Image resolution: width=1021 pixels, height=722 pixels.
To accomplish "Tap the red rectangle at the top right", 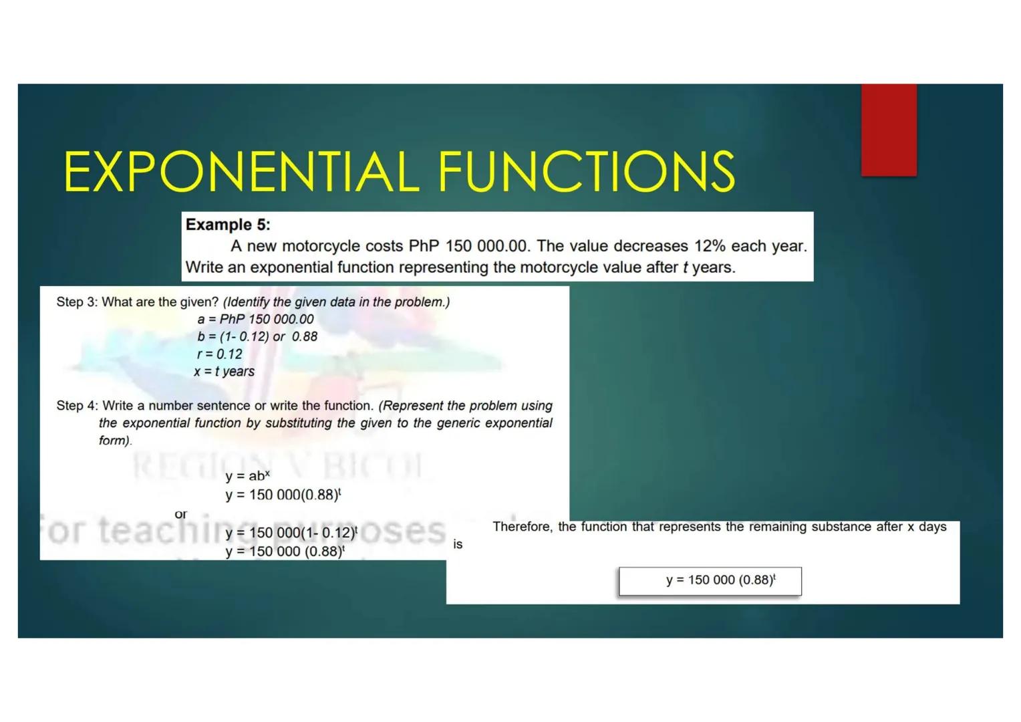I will [888, 130].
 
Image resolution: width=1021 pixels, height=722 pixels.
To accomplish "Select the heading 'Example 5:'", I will [228, 225].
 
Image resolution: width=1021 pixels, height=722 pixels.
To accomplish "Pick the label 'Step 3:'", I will [77, 302].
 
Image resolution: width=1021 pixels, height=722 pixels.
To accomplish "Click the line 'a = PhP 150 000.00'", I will [255, 320].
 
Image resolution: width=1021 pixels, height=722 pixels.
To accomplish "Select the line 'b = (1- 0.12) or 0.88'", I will [257, 337].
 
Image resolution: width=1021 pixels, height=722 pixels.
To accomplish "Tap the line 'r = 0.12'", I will [219, 354].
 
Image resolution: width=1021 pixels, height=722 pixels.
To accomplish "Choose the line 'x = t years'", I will [225, 372].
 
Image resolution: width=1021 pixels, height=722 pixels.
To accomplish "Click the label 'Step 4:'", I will [77, 406].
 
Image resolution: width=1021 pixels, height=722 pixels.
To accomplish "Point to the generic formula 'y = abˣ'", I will [247, 476].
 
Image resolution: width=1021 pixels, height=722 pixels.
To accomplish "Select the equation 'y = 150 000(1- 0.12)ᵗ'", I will [291, 533].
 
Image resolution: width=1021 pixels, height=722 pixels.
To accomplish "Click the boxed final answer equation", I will [710, 580].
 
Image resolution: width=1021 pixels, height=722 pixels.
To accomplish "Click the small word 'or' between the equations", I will [181, 514].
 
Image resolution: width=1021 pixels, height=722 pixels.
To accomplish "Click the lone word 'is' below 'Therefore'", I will [458, 545].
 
